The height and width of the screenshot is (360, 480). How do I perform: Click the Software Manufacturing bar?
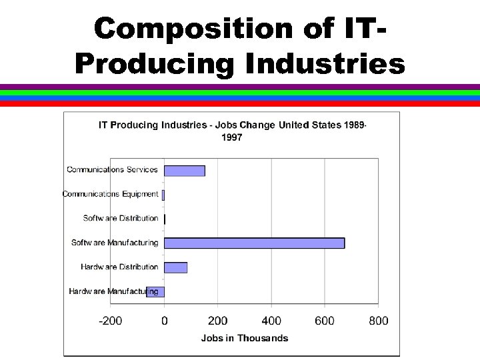click(254, 243)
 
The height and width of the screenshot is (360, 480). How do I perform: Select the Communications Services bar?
click(185, 170)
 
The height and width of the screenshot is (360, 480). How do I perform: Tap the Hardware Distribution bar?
click(175, 267)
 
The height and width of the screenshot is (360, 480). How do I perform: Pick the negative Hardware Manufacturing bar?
click(155, 291)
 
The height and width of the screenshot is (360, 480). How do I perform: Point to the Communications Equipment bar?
click(163, 195)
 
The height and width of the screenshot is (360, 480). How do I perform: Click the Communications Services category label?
click(112, 169)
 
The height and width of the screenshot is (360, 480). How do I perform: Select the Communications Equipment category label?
click(111, 194)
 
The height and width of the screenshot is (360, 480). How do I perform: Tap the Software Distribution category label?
click(121, 218)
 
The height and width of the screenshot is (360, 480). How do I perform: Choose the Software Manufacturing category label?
click(115, 243)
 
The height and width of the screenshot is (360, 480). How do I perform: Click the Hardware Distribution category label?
click(119, 267)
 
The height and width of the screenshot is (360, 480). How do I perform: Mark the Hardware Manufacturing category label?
click(113, 291)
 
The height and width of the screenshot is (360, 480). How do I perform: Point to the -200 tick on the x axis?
click(111, 321)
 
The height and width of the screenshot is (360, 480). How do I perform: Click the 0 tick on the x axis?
click(165, 321)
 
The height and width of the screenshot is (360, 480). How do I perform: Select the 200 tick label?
click(218, 321)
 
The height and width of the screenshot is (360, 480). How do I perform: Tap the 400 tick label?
click(271, 321)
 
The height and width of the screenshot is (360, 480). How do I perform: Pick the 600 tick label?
click(325, 321)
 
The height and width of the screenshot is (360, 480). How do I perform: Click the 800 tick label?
click(378, 321)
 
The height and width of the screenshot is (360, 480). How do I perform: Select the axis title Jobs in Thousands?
click(245, 338)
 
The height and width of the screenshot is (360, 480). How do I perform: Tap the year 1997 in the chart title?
click(231, 138)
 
